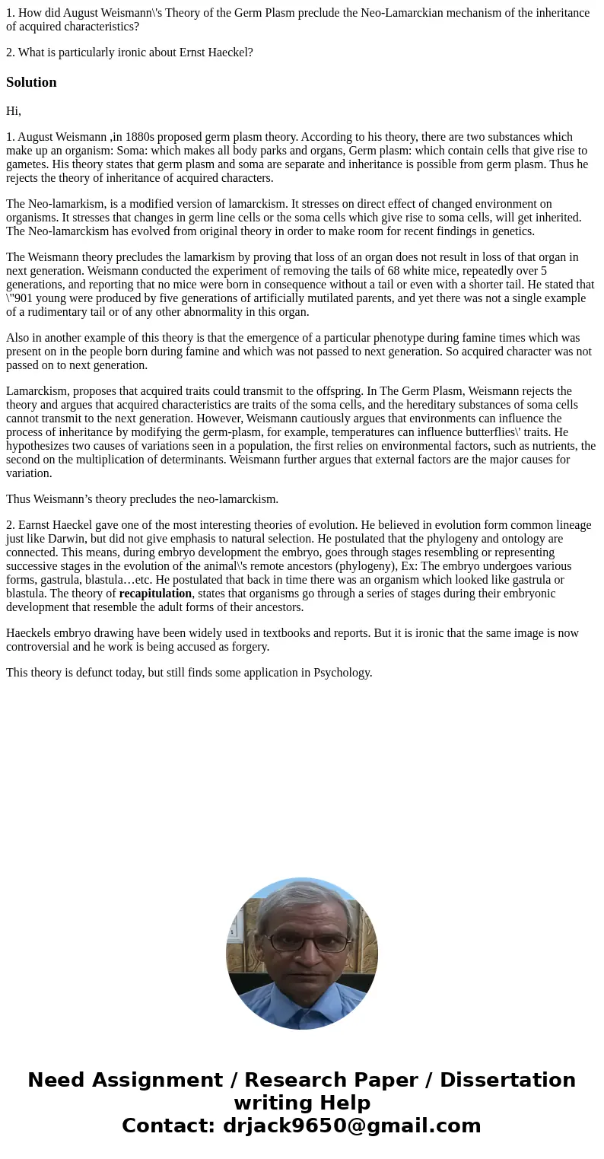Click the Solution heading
[31, 82]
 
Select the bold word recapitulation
[155, 594]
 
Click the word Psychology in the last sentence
[341, 673]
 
